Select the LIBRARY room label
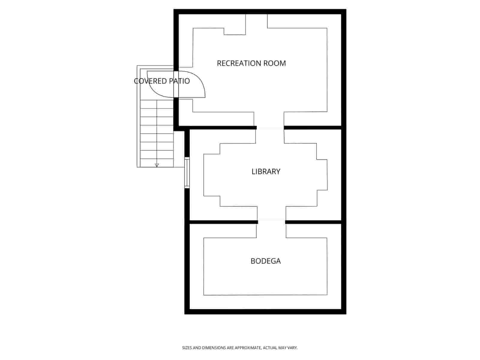pyautogui.click(x=266, y=172)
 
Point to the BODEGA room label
pyautogui.click(x=265, y=261)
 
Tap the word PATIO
pyautogui.click(x=179, y=81)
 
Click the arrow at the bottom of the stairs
pyautogui.click(x=157, y=165)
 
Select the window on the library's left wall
pyautogui.click(x=187, y=172)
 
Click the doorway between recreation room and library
pyautogui.click(x=270, y=128)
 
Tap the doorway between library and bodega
pyautogui.click(x=271, y=222)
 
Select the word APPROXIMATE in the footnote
pyautogui.click(x=248, y=348)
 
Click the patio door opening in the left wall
pyautogui.click(x=176, y=84)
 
